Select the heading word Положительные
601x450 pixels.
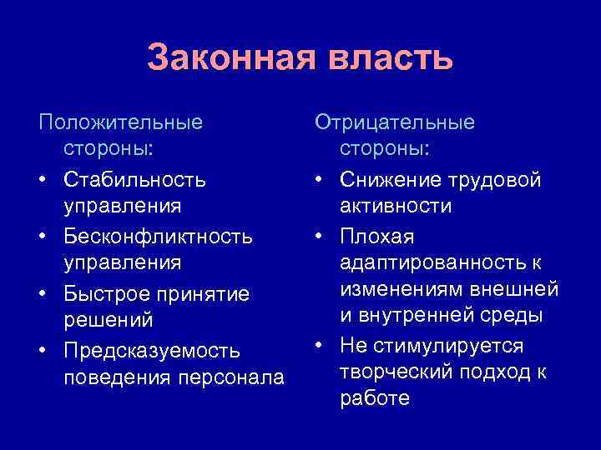[121, 122]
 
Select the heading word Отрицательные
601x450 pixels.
[395, 122]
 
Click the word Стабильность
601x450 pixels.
[135, 180]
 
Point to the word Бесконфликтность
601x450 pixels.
[158, 237]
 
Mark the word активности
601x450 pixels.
[396, 206]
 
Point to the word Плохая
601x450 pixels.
[376, 237]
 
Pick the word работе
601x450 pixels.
[375, 398]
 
